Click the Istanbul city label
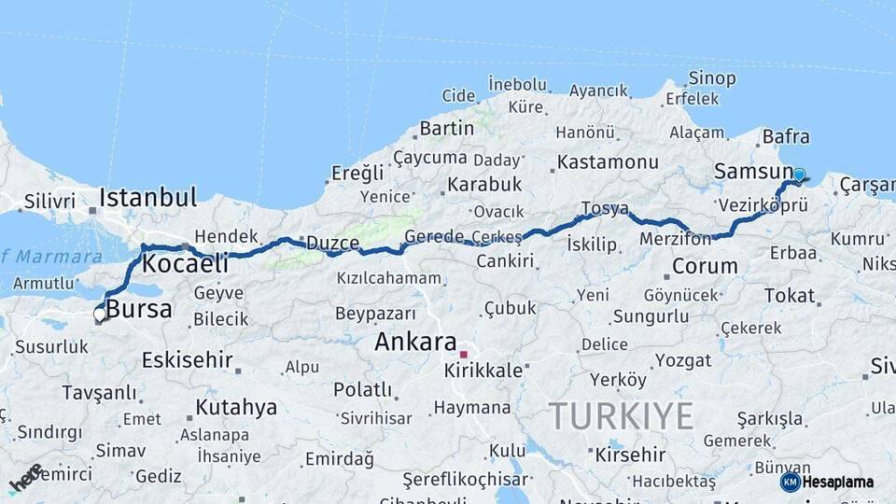coord(148,198)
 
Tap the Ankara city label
coord(416,342)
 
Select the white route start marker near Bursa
coord(100,315)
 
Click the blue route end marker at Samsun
coord(799,175)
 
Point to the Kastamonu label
coord(608,162)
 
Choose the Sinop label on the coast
coord(712,77)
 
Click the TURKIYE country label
coord(621,415)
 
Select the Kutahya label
coord(236,408)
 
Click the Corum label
coord(705,267)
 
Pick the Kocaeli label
coord(185,264)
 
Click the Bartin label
coord(447,128)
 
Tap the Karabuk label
coord(484,185)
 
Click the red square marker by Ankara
coord(463,355)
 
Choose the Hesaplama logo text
coord(839,483)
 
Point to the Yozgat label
coord(683,360)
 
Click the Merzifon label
coord(675,239)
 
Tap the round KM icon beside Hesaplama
coord(791,482)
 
